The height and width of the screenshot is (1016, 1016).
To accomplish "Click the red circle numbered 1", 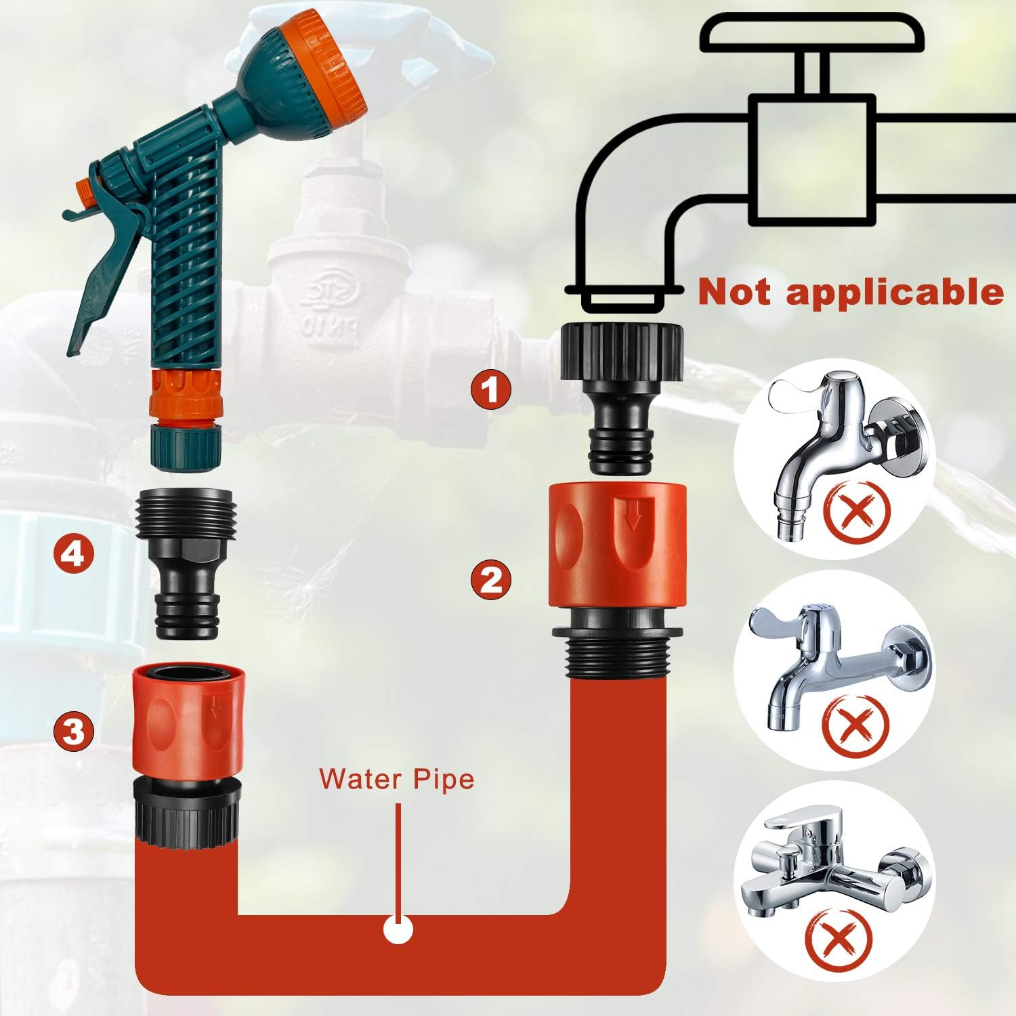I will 492,389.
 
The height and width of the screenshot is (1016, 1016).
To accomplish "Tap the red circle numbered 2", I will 492,580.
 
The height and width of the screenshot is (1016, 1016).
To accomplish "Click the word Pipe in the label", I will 444,780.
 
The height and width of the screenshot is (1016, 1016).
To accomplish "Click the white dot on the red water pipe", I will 398,929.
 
